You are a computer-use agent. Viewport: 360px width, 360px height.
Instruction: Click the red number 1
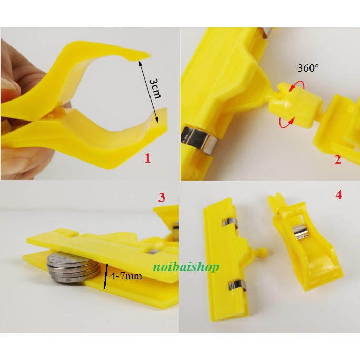[x=147, y=158]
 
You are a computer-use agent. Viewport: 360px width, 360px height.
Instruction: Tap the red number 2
[x=337, y=160]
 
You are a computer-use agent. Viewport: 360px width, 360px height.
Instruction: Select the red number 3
[x=162, y=197]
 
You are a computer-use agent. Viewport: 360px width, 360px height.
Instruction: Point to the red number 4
[x=339, y=195]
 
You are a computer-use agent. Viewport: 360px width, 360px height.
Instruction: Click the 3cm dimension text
[x=155, y=88]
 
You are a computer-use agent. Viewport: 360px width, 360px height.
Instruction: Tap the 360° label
[x=308, y=68]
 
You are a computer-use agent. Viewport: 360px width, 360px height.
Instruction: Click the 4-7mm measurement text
[x=126, y=275]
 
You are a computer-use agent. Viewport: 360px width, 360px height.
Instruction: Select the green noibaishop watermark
[x=186, y=267]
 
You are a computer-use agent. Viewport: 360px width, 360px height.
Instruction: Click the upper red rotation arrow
[x=297, y=86]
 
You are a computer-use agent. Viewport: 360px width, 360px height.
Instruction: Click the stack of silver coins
[x=73, y=268]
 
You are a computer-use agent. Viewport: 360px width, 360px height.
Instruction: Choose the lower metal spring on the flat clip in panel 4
[x=237, y=286]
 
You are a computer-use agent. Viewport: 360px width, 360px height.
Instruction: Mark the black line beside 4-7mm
[x=106, y=276]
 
